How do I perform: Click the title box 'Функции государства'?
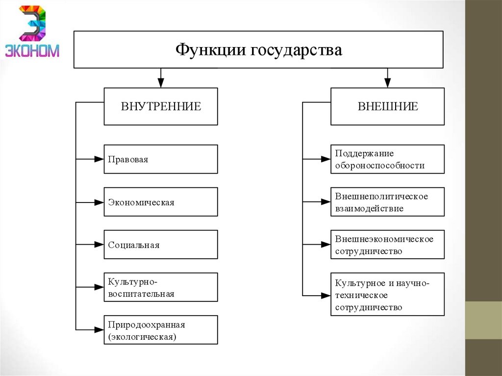coord(258,50)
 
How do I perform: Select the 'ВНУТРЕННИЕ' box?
coord(161,106)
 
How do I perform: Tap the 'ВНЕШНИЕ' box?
coord(387,106)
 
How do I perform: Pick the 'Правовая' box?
coord(161,159)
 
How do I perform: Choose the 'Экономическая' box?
coord(161,201)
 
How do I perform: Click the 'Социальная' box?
coord(161,244)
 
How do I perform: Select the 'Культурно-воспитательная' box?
coord(161,287)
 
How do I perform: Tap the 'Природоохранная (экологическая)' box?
coord(161,329)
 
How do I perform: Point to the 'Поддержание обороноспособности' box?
coord(387,159)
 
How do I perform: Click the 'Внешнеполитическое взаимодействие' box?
coord(387,201)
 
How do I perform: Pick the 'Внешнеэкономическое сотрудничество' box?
coord(387,244)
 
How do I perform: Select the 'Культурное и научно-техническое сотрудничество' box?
coord(387,294)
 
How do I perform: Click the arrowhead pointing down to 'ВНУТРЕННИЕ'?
coord(161,83)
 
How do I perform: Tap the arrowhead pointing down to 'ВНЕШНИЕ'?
coord(387,83)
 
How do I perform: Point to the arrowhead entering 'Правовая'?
coord(99,159)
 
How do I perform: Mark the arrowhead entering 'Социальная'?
coord(99,244)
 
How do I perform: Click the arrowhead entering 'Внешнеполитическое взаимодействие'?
coord(326,201)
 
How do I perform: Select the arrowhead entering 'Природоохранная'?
coord(99,329)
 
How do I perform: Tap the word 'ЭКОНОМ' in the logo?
coord(32,50)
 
